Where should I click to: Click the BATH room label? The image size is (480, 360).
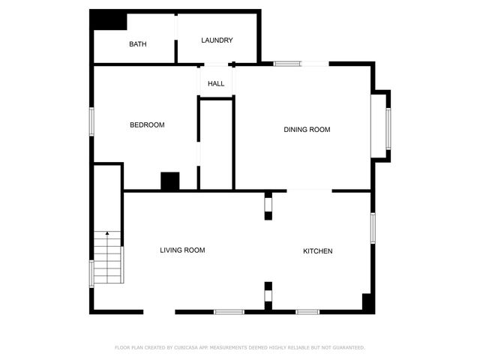point(137,44)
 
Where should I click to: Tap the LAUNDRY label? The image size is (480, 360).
point(217,40)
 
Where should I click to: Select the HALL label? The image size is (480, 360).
point(216,83)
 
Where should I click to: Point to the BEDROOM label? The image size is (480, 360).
point(147,124)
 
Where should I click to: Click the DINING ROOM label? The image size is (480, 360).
point(307,130)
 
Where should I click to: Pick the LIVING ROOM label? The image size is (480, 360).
point(182,250)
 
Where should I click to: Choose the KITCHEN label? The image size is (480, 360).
point(317,250)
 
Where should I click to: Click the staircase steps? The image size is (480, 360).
point(108,259)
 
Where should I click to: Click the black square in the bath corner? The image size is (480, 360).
point(109,20)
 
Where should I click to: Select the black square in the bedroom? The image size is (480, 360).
point(170,181)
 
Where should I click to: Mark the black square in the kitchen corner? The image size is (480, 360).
point(368,303)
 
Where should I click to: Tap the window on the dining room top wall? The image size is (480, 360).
point(287,64)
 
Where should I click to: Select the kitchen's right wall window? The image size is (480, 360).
point(373,227)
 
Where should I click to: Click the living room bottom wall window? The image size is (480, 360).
point(229,311)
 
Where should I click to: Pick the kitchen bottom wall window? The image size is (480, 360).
point(307,311)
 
